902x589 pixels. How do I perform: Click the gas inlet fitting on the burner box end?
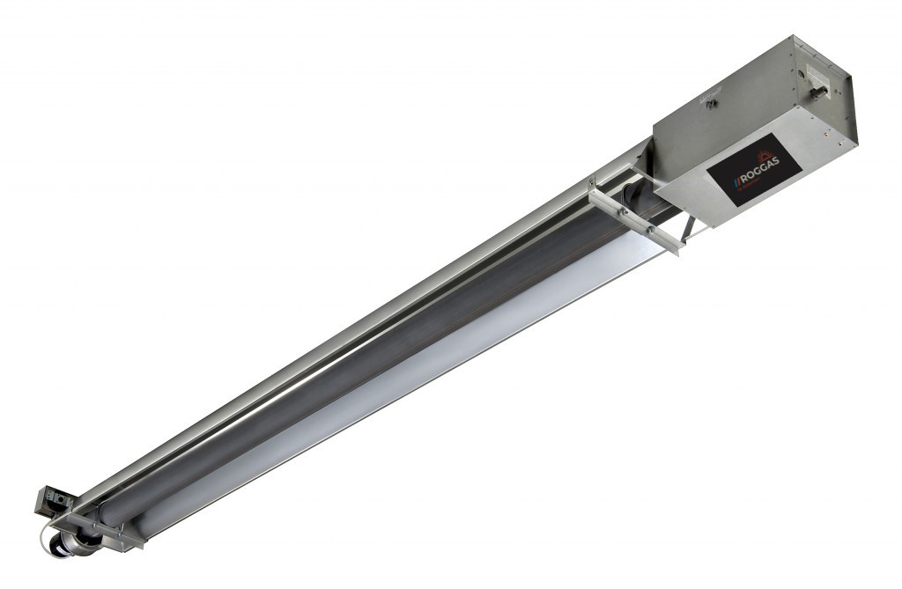(x=819, y=88)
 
